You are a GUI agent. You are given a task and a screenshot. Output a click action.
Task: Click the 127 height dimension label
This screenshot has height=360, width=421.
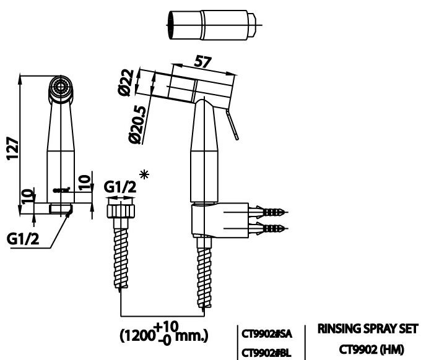[12, 148]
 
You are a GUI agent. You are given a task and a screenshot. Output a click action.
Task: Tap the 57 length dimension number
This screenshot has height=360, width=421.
[202, 62]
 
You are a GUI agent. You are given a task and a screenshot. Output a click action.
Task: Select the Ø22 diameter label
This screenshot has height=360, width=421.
[126, 82]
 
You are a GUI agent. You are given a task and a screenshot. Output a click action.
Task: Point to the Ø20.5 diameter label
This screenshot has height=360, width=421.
[137, 125]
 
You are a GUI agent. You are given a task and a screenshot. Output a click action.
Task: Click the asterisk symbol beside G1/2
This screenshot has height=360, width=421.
[144, 174]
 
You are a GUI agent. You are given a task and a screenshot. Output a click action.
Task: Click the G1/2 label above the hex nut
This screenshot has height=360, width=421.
[119, 187]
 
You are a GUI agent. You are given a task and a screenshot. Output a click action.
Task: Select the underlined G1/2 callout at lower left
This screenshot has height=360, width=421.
[23, 239]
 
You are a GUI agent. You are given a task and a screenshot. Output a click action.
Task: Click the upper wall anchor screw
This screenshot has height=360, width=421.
[269, 212]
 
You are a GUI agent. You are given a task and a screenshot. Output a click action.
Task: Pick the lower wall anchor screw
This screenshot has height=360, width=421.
[269, 228]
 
